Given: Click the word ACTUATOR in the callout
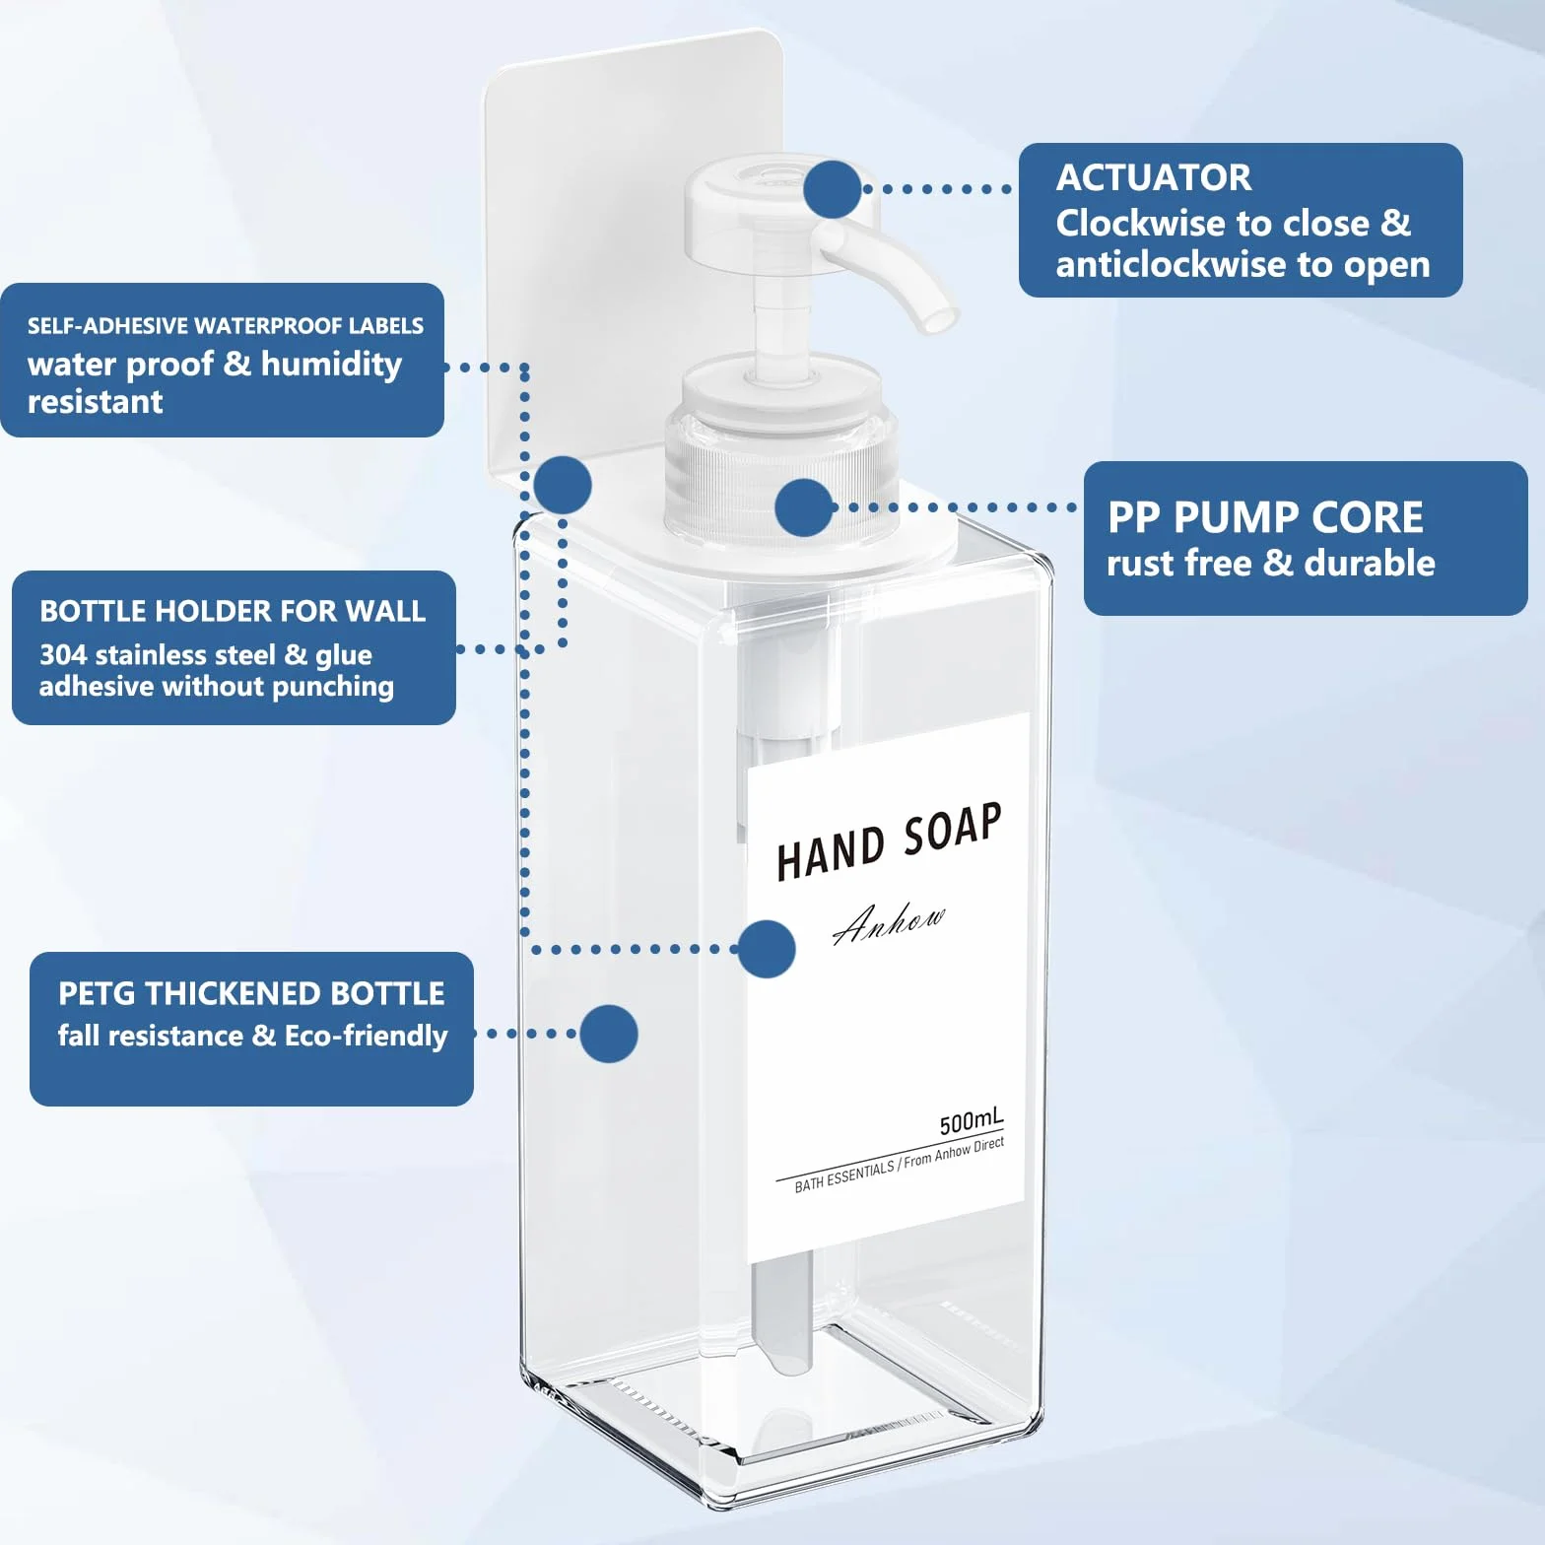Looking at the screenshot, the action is [1154, 177].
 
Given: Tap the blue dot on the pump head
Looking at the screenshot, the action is [833, 189].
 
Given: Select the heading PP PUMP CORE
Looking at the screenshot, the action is [1265, 517].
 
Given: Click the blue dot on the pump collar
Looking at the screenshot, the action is [804, 507].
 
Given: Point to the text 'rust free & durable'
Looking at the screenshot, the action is [1271, 563].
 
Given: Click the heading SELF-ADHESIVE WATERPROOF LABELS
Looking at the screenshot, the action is [226, 326].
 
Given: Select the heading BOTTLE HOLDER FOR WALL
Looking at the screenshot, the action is [233, 611].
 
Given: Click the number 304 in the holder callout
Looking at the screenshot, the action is [63, 655].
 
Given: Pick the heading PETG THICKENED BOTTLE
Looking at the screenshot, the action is [251, 993].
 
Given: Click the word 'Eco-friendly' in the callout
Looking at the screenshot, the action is [367, 1037].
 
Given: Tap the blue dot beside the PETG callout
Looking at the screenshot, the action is [609, 1034].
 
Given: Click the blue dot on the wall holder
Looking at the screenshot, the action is [563, 485].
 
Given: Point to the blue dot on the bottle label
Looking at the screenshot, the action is [767, 949].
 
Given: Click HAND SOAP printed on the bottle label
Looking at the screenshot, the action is [889, 840].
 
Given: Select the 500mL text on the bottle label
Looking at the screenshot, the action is [972, 1121].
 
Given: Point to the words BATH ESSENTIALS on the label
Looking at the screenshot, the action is [844, 1176].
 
